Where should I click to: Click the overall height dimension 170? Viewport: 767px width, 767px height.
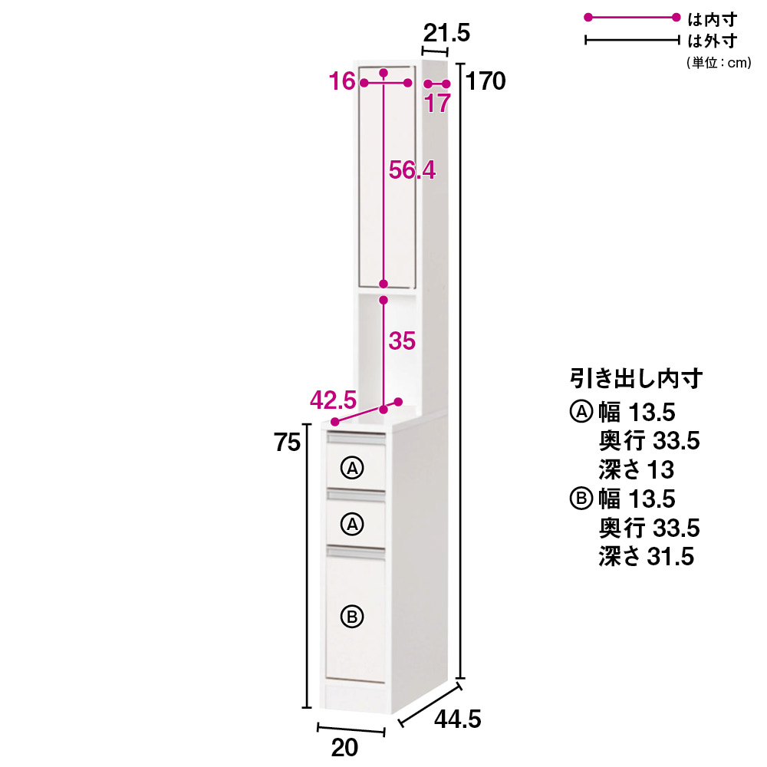pyautogui.click(x=486, y=81)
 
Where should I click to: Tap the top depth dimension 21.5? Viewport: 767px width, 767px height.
pyautogui.click(x=446, y=33)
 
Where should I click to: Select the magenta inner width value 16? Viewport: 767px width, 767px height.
pyautogui.click(x=342, y=81)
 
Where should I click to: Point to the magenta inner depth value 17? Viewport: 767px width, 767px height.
pyautogui.click(x=437, y=104)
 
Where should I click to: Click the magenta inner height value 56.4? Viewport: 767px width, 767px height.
pyautogui.click(x=412, y=170)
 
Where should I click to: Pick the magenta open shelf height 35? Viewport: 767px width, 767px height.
pyautogui.click(x=402, y=341)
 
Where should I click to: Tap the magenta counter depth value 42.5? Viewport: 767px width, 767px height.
pyautogui.click(x=333, y=400)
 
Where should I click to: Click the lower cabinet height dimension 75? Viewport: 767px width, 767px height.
pyautogui.click(x=287, y=443)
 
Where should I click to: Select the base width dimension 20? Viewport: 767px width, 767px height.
pyautogui.click(x=344, y=747)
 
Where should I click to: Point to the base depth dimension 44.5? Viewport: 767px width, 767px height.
pyautogui.click(x=458, y=719)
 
